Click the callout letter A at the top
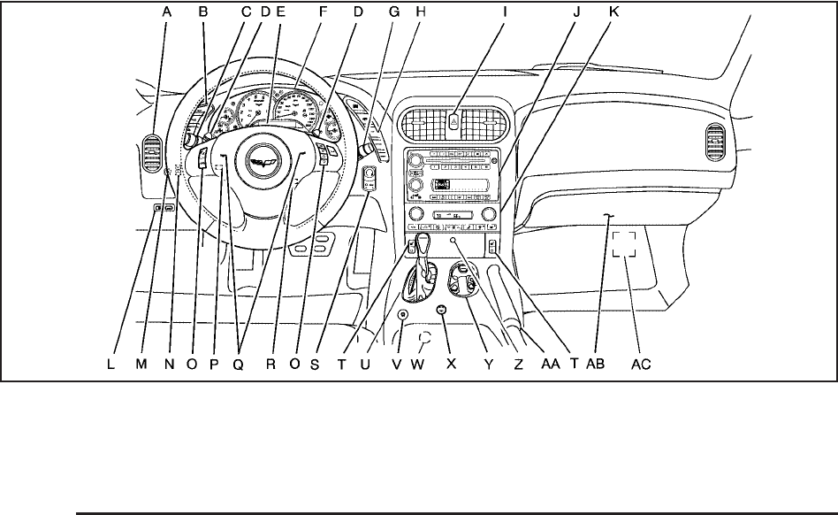[166, 12]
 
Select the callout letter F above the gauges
[324, 12]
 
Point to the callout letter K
[613, 12]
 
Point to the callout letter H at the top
[421, 12]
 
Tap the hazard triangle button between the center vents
[452, 121]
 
